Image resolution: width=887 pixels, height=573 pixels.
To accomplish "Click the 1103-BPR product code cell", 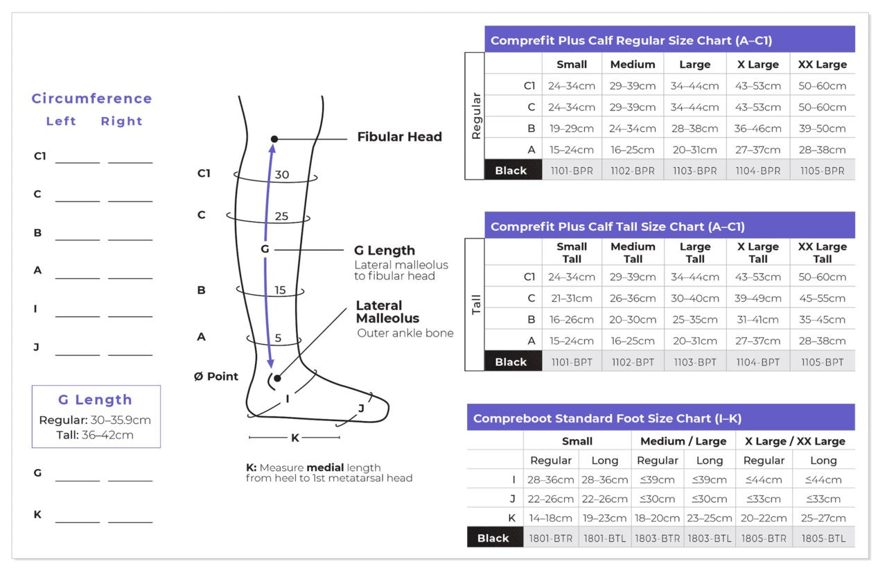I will (x=694, y=171).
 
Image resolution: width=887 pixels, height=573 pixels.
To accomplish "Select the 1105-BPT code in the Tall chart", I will (x=822, y=362).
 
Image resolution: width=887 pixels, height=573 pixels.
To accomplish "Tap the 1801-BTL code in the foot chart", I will (x=606, y=538).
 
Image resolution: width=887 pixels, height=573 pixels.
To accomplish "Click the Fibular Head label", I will (x=399, y=137).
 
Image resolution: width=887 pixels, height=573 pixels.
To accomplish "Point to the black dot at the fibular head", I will (x=274, y=139).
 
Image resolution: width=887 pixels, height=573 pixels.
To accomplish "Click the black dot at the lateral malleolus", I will (x=277, y=378).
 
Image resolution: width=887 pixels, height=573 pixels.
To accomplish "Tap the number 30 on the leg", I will (x=281, y=175).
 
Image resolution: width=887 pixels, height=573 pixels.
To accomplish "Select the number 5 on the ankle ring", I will (x=278, y=339).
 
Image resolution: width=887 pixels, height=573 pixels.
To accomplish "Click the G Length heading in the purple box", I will (x=95, y=400).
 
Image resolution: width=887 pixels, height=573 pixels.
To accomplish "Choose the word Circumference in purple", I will (x=91, y=99).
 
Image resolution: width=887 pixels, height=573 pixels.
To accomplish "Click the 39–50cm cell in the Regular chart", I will (x=822, y=128).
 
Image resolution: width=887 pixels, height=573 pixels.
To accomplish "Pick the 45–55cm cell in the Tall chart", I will (x=822, y=298).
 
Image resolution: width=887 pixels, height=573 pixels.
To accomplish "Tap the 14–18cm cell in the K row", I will (x=550, y=518).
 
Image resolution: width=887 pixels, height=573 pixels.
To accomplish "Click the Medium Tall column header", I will (x=632, y=253).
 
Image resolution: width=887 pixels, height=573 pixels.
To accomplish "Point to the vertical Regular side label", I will (x=475, y=116).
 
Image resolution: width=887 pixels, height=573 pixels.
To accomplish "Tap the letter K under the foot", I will (x=295, y=438).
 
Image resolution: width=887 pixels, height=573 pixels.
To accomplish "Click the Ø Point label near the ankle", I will (x=216, y=377).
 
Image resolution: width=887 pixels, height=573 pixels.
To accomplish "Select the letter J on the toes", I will (x=361, y=409).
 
